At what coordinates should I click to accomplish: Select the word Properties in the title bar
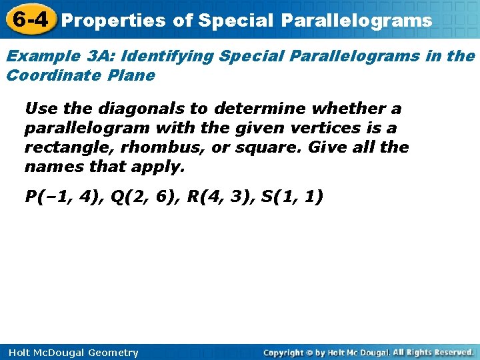(x=113, y=21)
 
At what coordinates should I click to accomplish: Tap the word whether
(x=347, y=109)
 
